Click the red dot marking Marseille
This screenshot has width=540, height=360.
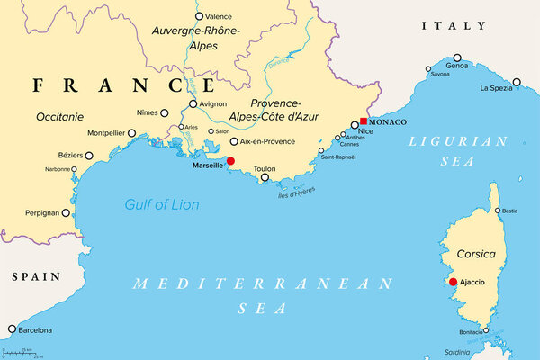pyautogui.click(x=230, y=162)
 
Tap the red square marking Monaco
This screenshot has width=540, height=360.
pyautogui.click(x=363, y=121)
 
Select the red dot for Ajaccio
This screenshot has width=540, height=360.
pyautogui.click(x=453, y=282)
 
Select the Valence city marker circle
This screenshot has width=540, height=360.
pyautogui.click(x=198, y=16)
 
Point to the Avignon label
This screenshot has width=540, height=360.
pyautogui.click(x=213, y=104)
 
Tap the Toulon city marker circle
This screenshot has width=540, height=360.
pyautogui.click(x=265, y=178)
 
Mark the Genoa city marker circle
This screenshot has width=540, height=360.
pyautogui.click(x=457, y=56)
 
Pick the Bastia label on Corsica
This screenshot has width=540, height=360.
pyautogui.click(x=509, y=211)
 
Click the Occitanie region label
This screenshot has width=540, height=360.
pyautogui.click(x=60, y=117)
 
